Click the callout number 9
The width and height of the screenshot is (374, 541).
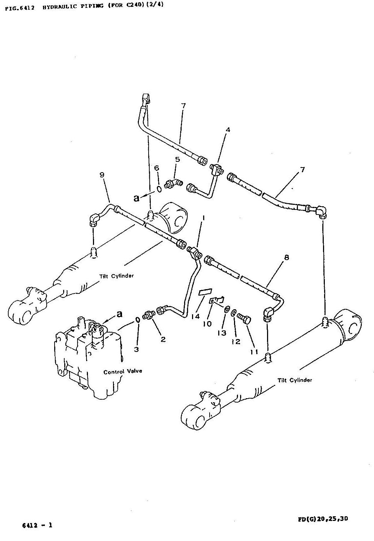[x=102, y=175]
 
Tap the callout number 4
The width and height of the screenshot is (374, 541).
[x=228, y=130]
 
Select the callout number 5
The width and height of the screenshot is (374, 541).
[x=178, y=159]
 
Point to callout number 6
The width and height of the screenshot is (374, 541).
[x=156, y=168]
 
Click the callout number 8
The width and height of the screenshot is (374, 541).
[x=286, y=258]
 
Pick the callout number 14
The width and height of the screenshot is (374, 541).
[x=196, y=316]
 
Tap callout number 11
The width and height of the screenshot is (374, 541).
[x=254, y=352]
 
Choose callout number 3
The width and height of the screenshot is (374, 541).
[x=136, y=349]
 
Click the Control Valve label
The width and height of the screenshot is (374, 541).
[x=123, y=371]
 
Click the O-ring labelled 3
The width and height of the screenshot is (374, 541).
[x=137, y=320]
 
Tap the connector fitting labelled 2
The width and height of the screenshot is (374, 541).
[x=149, y=315]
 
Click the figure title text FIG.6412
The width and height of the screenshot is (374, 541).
[x=20, y=8]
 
